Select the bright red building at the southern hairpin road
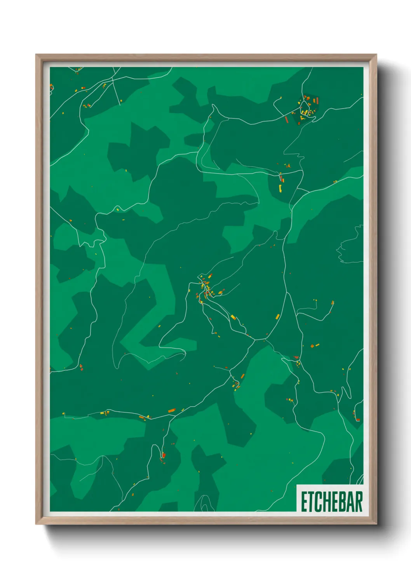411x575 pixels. click(164, 455)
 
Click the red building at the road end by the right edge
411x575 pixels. click(357, 419)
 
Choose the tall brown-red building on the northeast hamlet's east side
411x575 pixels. click(318, 101)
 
